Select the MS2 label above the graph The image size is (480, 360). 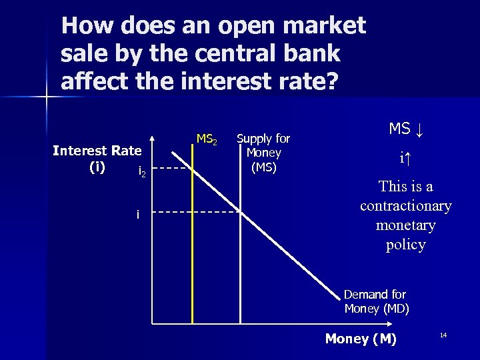click(x=206, y=139)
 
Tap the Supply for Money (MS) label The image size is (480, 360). click(x=263, y=153)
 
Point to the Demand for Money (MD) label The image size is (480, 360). click(x=376, y=301)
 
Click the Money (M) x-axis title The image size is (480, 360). click(x=360, y=339)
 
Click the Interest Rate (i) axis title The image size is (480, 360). click(x=97, y=158)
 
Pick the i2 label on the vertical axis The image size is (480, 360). click(x=141, y=172)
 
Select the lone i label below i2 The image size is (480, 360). click(x=137, y=214)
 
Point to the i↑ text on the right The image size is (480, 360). click(x=405, y=159)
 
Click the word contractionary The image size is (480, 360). click(x=405, y=206)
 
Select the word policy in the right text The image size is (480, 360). click(x=405, y=245)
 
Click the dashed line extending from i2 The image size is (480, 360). click(x=174, y=169)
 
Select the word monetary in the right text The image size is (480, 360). click(x=405, y=225)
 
